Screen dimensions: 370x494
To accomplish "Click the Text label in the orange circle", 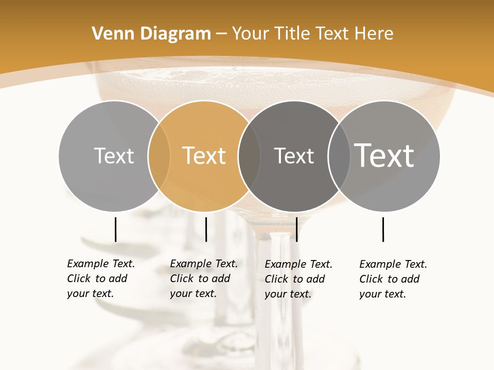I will click(204, 156).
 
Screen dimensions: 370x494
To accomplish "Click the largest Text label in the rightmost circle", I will click(384, 155).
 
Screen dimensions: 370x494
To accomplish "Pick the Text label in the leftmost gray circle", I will click(114, 156).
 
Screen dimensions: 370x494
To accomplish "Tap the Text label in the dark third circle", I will click(294, 156).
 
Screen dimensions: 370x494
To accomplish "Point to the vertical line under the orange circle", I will click(206, 229).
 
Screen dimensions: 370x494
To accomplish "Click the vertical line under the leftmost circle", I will click(115, 229).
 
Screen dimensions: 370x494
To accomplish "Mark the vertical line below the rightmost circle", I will click(383, 229).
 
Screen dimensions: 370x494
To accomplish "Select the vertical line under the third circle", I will click(297, 229).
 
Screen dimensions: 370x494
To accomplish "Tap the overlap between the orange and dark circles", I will click(249, 156).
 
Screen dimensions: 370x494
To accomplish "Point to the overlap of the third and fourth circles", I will click(339, 156).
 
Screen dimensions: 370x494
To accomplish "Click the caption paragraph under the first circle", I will click(100, 279).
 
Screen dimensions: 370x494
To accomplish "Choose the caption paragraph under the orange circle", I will click(203, 279).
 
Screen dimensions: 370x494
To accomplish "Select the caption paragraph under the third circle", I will click(298, 279).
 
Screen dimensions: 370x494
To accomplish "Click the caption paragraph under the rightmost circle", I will click(393, 279).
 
